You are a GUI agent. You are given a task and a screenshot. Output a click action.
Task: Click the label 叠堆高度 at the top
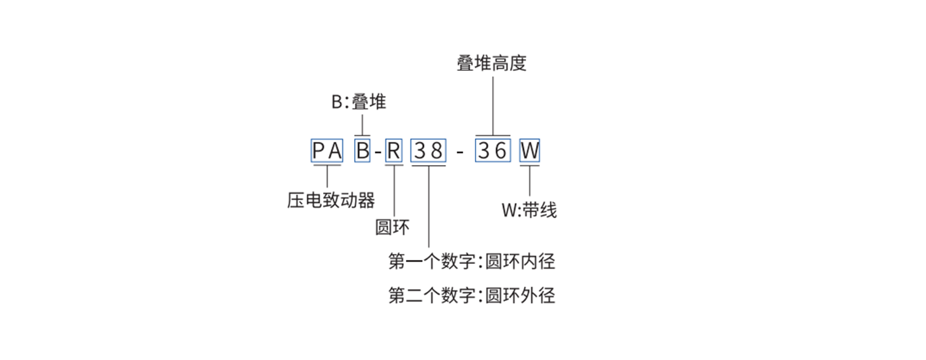pyautogui.click(x=492, y=64)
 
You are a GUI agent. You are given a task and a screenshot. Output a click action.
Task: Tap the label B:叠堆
pyautogui.click(x=359, y=103)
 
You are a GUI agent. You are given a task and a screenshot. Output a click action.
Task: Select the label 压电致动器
pyautogui.click(x=331, y=200)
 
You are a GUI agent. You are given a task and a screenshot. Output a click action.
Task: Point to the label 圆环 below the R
pyautogui.click(x=392, y=227)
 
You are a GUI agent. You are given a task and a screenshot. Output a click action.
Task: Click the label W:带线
pyautogui.click(x=529, y=211)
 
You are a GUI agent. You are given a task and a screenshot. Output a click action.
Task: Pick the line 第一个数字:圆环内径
pyautogui.click(x=472, y=261)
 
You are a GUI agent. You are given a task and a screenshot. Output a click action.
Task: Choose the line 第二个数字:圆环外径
pyautogui.click(x=472, y=295)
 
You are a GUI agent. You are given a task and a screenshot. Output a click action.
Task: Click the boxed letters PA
pyautogui.click(x=328, y=152)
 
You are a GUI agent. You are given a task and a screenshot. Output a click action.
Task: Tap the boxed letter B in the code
pyautogui.click(x=362, y=152)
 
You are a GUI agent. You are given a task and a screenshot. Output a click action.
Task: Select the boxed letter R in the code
pyautogui.click(x=393, y=152)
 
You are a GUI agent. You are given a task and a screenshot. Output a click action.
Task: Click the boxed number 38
pyautogui.click(x=428, y=152)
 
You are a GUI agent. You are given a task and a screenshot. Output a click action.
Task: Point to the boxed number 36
pyautogui.click(x=493, y=152)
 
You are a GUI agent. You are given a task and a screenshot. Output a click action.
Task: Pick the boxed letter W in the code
pyautogui.click(x=529, y=152)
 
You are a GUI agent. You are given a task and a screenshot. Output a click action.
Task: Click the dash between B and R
pyautogui.click(x=377, y=152)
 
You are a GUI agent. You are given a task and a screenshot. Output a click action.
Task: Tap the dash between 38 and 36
pyautogui.click(x=460, y=152)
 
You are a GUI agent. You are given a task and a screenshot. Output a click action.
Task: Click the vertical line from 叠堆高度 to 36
pyautogui.click(x=493, y=106)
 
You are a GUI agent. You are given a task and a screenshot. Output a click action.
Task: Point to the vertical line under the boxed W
pyautogui.click(x=529, y=181)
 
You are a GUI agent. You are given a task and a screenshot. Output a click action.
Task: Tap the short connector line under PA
pyautogui.click(x=328, y=176)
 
